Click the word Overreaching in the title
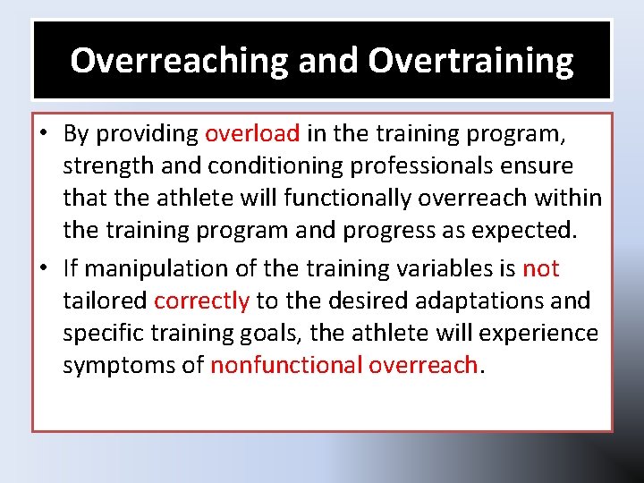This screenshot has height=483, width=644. pyautogui.click(x=180, y=61)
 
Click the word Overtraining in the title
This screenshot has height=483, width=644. pyautogui.click(x=470, y=61)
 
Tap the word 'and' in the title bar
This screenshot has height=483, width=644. pyautogui.click(x=328, y=61)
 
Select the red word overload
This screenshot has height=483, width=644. pyautogui.click(x=252, y=134)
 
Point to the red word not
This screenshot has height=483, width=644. pyautogui.click(x=541, y=268)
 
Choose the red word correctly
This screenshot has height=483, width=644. pyautogui.click(x=201, y=301)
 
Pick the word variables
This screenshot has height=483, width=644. pyautogui.click(x=438, y=268)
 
